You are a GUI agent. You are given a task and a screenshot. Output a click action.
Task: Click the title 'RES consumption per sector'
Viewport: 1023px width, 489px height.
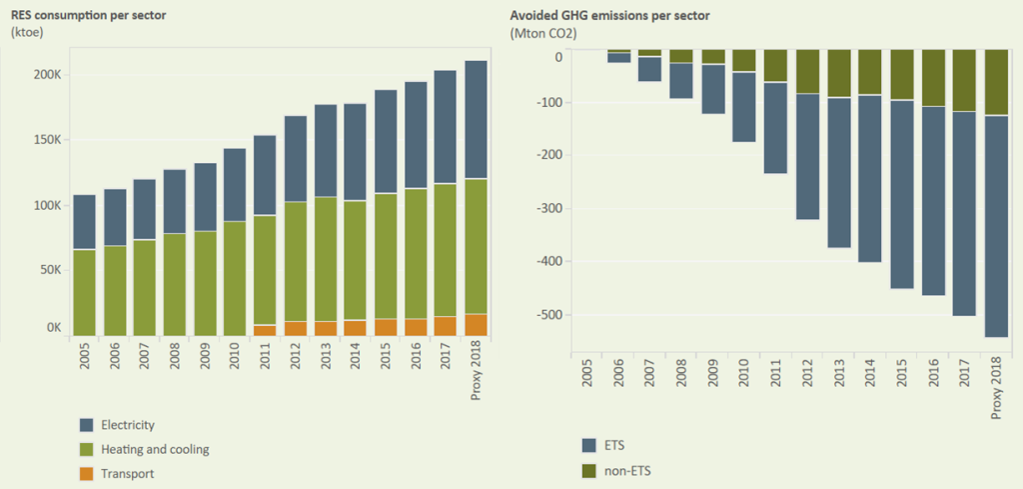tap(82, 15)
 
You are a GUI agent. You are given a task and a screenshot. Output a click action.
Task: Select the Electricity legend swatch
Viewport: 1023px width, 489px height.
tap(86, 425)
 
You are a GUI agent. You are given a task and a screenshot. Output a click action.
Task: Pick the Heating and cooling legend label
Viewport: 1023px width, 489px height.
tap(155, 449)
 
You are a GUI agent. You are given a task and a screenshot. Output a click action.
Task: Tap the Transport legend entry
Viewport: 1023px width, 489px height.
tap(127, 473)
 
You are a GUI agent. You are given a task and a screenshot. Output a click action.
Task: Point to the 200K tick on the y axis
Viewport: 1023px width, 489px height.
tap(47, 76)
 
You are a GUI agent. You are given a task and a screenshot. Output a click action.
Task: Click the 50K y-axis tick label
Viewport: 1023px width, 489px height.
tap(50, 270)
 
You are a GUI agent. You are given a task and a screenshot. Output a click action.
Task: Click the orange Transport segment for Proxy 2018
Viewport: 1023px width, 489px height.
tap(478, 325)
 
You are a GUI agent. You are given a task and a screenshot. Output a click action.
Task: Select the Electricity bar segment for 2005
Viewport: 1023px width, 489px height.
tap(85, 221)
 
